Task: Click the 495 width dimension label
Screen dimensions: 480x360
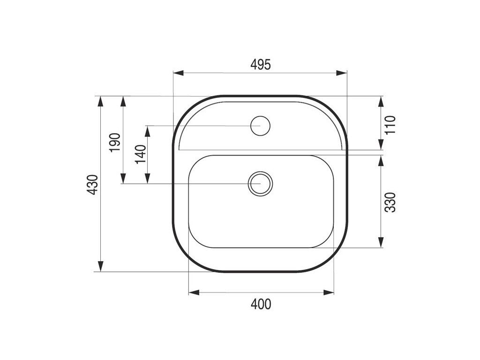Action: tap(261, 65)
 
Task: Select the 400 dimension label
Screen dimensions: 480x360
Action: tap(261, 304)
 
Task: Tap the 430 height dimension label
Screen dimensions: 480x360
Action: tap(92, 185)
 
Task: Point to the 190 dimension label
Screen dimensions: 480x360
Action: tap(114, 142)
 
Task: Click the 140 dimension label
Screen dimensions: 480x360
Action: tap(141, 154)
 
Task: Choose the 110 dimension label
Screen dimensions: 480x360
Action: tap(390, 125)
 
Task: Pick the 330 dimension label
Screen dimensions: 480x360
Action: tap(390, 202)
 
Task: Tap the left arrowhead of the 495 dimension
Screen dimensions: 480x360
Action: tap(178, 73)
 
